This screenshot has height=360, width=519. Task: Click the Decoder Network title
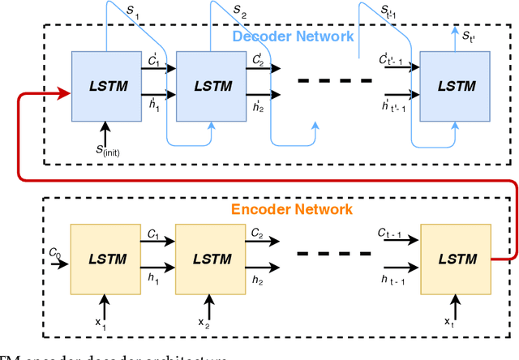coord(292,36)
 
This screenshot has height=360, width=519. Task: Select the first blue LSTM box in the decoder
coord(105,86)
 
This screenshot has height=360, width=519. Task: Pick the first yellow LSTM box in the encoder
coord(105,258)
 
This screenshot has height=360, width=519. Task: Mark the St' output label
coord(470,36)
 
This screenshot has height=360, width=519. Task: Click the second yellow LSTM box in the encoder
coord(211,258)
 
